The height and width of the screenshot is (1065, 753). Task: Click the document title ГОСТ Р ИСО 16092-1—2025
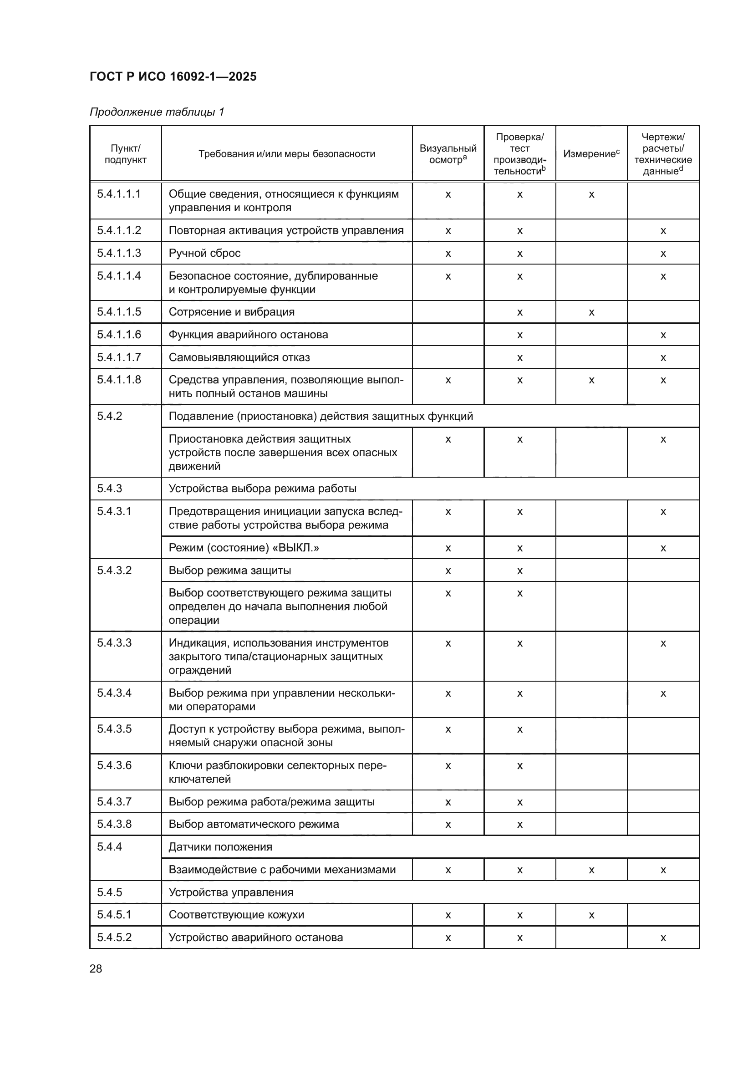point(173,76)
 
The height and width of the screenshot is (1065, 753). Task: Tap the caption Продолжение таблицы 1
point(157,112)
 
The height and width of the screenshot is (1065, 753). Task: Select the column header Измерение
point(591,153)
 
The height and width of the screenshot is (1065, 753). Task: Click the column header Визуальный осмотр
point(448,153)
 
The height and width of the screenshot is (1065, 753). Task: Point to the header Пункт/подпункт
point(125,153)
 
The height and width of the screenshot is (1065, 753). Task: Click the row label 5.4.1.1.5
point(119,312)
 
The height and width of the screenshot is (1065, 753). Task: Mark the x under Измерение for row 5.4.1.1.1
point(591,195)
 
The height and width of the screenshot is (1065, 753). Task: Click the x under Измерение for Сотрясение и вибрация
point(591,313)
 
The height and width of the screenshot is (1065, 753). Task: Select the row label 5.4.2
point(110,416)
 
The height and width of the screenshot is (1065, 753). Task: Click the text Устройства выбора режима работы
point(262,489)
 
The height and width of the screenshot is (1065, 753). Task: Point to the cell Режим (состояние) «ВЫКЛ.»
point(244,548)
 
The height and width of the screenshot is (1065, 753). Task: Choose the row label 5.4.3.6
point(115,765)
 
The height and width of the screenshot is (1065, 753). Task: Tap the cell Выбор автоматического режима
point(254,824)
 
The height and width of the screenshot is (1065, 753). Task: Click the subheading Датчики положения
point(220,847)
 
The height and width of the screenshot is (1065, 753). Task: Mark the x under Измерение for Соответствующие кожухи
point(591,916)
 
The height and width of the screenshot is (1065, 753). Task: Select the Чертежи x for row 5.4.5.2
point(663,938)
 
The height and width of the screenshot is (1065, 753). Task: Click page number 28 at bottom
point(96,968)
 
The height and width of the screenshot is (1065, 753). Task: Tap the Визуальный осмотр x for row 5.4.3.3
point(448,644)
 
